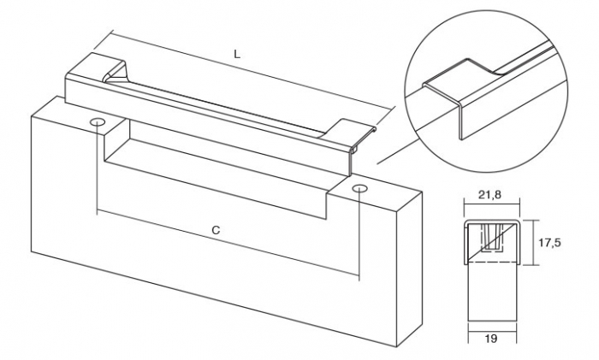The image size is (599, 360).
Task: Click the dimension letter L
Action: (x=237, y=54)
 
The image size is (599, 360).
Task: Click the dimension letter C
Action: (x=216, y=230)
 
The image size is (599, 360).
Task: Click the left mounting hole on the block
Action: (x=98, y=126)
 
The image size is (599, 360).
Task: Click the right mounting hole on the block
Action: (x=360, y=187)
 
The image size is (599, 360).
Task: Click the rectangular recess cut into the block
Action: (x=214, y=171)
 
